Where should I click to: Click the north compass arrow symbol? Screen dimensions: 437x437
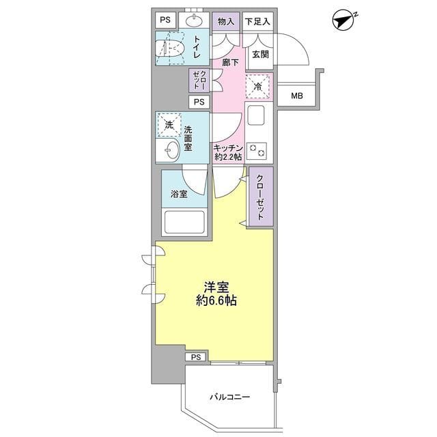pos(343,20)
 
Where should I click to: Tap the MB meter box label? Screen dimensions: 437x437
pos(297,96)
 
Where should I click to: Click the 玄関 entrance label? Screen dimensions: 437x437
pos(260,55)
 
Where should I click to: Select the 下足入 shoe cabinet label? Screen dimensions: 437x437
pos(257,21)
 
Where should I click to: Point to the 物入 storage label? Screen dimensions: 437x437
pos(226,21)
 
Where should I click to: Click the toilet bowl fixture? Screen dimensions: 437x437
pos(170,48)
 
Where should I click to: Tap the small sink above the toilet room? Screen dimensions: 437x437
pos(194,20)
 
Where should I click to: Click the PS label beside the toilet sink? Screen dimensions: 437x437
pos(165,20)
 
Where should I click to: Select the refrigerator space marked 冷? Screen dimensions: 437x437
pos(258,86)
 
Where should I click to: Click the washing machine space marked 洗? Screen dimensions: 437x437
pos(169,125)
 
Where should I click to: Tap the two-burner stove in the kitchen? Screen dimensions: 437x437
pos(257,151)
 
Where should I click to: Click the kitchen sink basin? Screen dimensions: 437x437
pos(256,115)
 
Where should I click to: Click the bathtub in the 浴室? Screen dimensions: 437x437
pos(184,222)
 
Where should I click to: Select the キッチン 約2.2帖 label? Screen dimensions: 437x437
pos(228,152)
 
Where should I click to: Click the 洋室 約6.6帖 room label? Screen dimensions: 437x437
pos(216,294)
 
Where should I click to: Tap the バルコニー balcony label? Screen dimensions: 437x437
pos(229,397)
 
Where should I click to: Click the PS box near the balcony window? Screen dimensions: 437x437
pos(196,357)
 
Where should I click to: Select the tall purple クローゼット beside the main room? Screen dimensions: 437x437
pos(261,197)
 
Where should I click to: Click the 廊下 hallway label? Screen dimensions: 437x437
pos(231,62)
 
